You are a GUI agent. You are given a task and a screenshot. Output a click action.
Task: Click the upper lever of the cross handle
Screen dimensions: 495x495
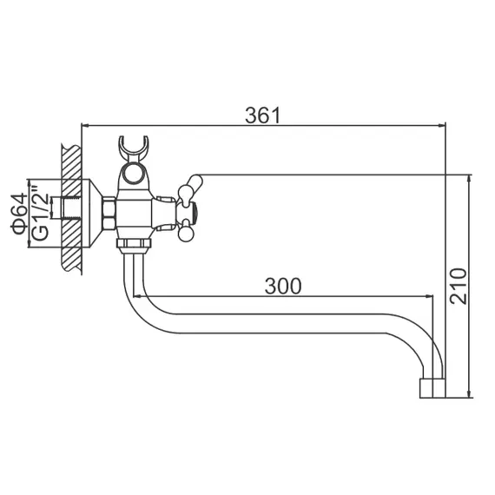(189, 184)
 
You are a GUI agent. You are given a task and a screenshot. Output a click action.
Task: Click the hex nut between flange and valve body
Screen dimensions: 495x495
(109, 214)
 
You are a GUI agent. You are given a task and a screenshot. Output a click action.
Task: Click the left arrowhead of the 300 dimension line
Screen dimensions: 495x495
(141, 297)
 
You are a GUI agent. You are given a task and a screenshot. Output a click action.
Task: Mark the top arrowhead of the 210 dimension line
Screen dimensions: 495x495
(469, 177)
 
